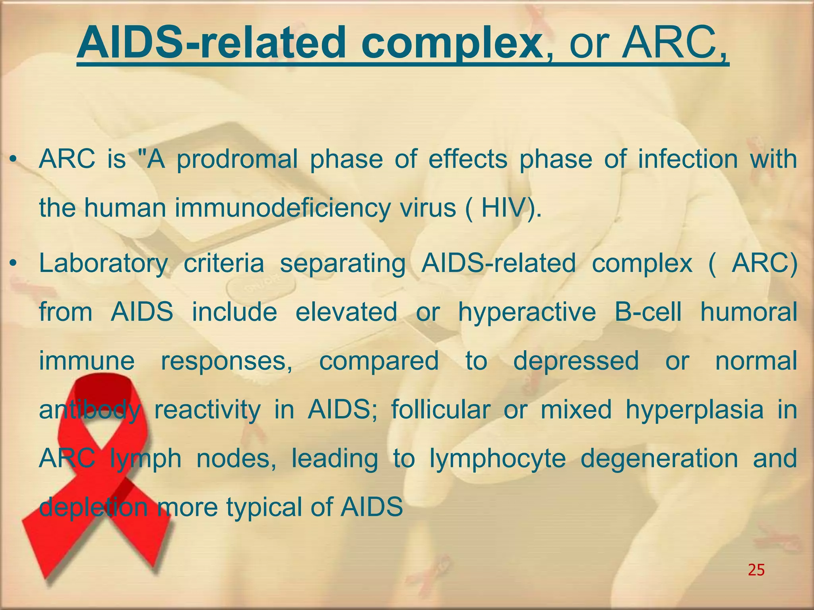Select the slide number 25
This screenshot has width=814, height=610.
click(x=756, y=570)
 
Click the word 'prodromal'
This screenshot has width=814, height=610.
click(x=237, y=160)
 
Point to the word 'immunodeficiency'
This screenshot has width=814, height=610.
click(x=282, y=208)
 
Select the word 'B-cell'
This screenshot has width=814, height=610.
click(x=648, y=311)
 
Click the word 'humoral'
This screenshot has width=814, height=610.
click(x=748, y=311)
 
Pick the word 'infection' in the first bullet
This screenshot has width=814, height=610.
click(x=688, y=159)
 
